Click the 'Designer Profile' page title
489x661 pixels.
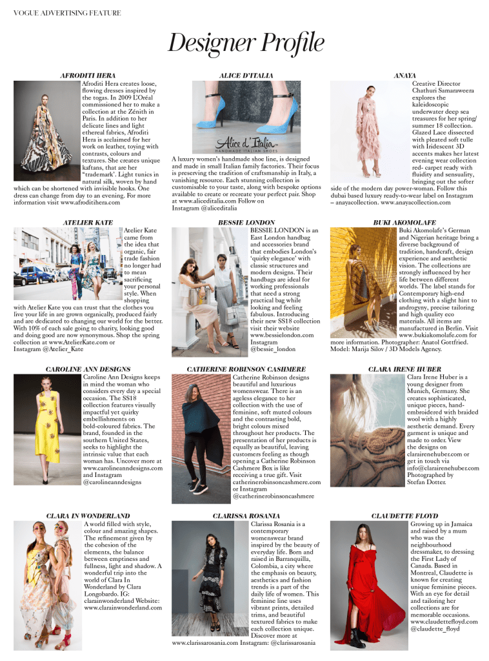tap(246, 44)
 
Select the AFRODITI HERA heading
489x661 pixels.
tap(88, 76)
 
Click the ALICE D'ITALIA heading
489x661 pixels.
tap(246, 76)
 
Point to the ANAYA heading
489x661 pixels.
tap(404, 76)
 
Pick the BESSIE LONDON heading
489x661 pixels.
tap(246, 222)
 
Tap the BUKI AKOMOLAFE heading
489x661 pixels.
tap(404, 222)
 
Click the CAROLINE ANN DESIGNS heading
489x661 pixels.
tap(88, 369)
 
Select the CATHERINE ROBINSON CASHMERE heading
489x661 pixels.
tap(246, 369)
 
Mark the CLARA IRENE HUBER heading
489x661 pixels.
tap(404, 369)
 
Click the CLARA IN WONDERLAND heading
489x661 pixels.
tap(88, 516)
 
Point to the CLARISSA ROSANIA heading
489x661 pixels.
tap(246, 516)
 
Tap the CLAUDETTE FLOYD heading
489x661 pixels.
tap(404, 516)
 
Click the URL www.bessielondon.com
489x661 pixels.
tap(282, 335)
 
